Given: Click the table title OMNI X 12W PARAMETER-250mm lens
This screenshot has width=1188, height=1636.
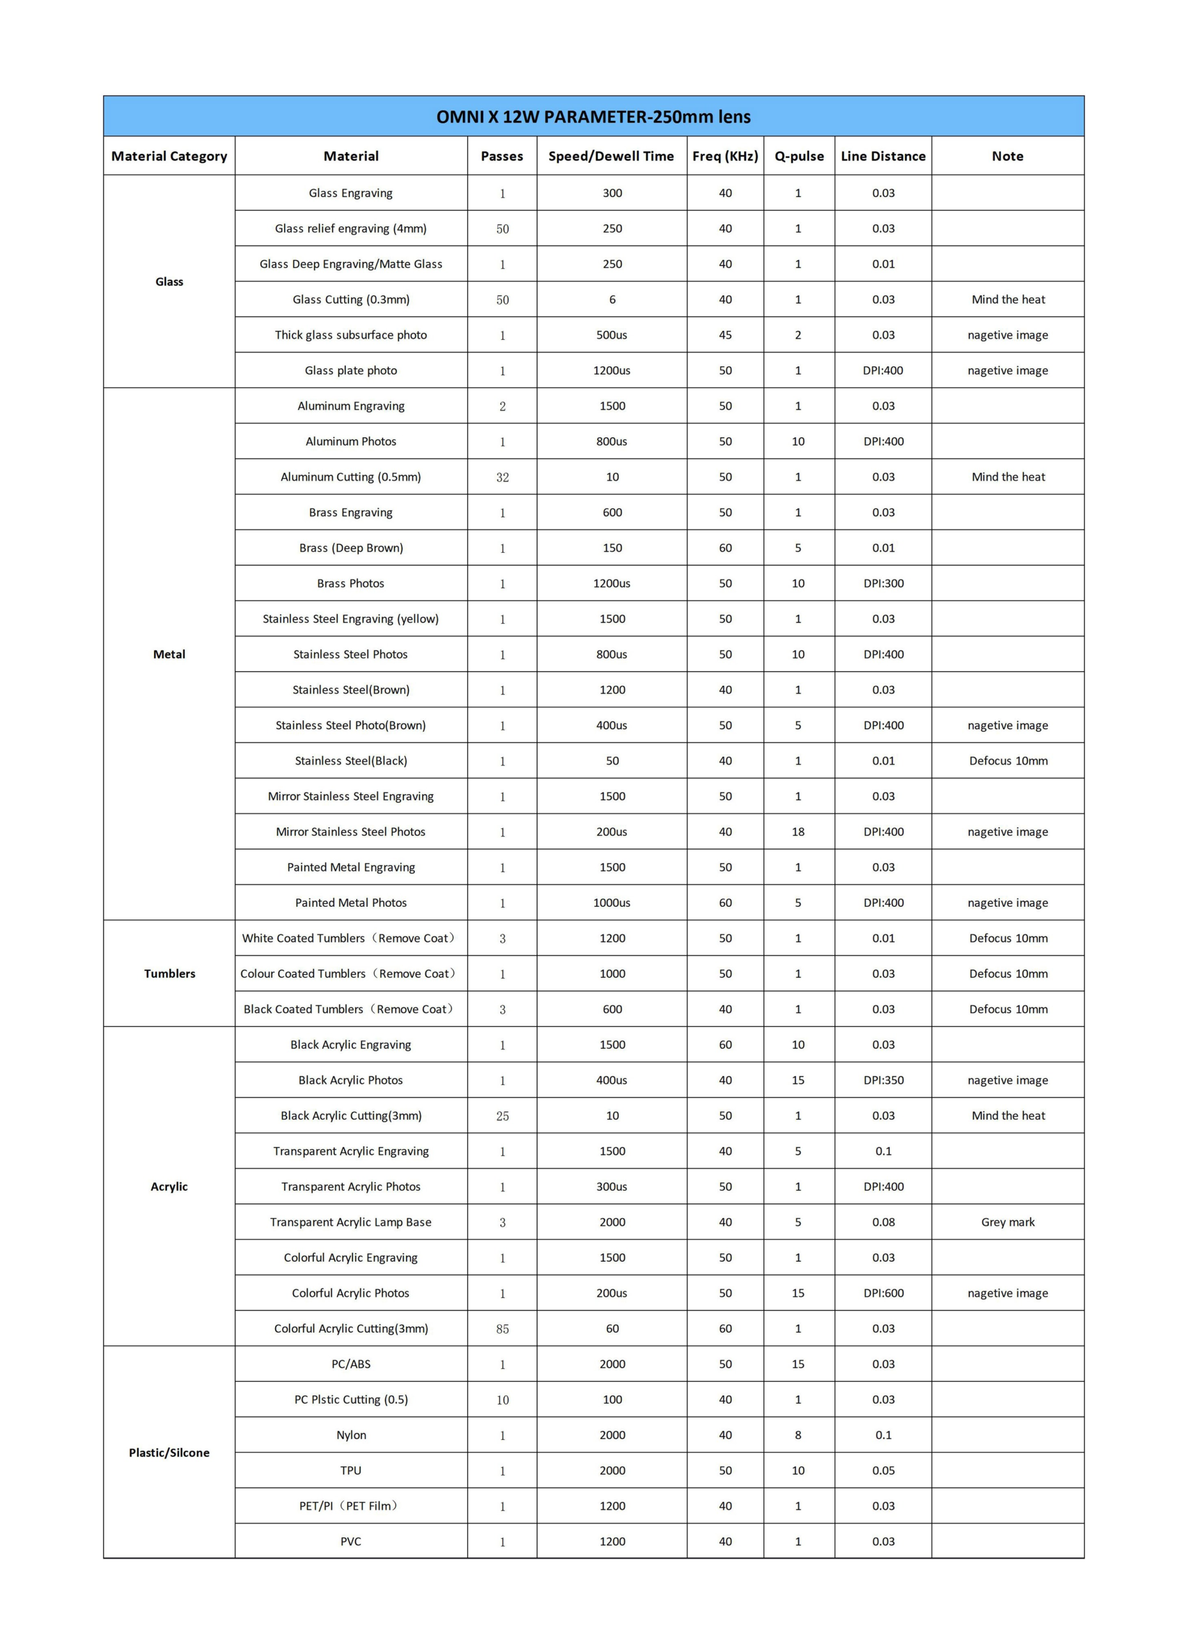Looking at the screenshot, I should click(x=593, y=117).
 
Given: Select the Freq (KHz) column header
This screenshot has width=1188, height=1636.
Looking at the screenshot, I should click(x=724, y=156).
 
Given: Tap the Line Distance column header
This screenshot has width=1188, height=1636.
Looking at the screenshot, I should click(x=883, y=156).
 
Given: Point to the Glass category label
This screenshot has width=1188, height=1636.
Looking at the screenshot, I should click(x=169, y=281).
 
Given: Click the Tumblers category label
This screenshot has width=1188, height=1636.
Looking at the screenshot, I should click(x=169, y=973).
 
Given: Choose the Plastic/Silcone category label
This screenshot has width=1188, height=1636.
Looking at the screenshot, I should click(x=169, y=1452).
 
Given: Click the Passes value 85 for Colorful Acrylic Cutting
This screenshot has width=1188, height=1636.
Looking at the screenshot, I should click(x=503, y=1329).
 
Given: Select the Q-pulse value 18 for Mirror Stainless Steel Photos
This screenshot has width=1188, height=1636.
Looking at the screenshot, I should click(x=797, y=831).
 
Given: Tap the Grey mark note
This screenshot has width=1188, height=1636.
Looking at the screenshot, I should click(x=1008, y=1222).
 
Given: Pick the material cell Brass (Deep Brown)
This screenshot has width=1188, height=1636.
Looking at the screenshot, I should click(x=351, y=548).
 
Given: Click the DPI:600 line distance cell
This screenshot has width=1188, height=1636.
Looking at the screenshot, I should click(x=884, y=1293).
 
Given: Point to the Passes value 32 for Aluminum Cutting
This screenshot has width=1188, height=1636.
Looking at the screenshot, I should click(x=503, y=477).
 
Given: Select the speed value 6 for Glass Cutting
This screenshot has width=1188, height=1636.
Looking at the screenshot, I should click(x=612, y=299).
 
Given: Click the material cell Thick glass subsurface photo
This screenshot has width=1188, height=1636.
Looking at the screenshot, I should click(x=351, y=335).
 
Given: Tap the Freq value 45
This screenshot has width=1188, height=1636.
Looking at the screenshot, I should click(x=724, y=335).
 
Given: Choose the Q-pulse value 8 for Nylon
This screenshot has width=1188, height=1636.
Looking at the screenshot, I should click(x=797, y=1435).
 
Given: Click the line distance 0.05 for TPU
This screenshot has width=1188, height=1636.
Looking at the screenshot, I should click(x=884, y=1470).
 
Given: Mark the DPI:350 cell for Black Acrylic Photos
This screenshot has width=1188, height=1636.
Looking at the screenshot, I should click(x=884, y=1080).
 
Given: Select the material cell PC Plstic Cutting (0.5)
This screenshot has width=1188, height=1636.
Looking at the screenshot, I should click(x=351, y=1400).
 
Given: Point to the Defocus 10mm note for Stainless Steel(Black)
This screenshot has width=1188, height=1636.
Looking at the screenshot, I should click(x=1008, y=760).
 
